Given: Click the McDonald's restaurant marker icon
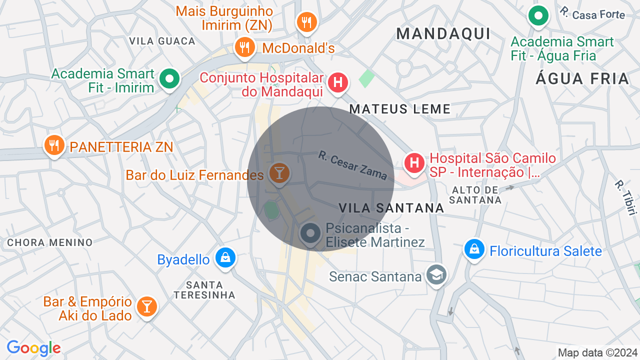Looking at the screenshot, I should point(244,47).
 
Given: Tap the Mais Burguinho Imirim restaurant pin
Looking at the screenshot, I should point(306,22).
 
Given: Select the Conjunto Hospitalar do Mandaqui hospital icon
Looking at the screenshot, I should point(338,82).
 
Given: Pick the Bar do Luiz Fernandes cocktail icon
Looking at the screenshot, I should point(278,173).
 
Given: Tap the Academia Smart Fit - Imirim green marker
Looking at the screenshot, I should point(169,78).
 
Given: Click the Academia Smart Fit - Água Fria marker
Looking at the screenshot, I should point(538,16).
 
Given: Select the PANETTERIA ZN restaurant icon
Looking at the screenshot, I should point(54,145).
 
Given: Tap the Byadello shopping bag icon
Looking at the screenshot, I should point(225,257).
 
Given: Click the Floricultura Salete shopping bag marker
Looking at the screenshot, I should point(473,249).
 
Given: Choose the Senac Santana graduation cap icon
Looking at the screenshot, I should point(436,274).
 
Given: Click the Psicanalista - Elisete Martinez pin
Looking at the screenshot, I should point(310,233).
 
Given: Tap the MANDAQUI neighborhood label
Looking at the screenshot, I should point(443,33).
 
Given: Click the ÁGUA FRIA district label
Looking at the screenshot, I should point(582,78).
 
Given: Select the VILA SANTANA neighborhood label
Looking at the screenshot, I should point(391,208).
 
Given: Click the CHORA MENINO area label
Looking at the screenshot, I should point(49,243).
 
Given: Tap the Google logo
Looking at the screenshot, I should point(33,348).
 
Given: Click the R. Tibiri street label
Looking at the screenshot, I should point(625,197).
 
